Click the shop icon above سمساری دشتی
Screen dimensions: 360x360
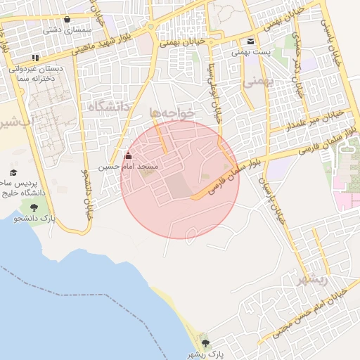(x=67, y=20)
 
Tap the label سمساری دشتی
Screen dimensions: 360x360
(x=63, y=30)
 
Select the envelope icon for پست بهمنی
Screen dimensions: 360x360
(x=251, y=41)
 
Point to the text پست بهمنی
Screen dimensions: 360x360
(x=251, y=52)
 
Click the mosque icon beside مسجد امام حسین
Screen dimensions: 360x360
(x=127, y=156)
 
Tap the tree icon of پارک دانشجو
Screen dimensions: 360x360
(x=34, y=206)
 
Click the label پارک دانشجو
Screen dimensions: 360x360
(x=34, y=218)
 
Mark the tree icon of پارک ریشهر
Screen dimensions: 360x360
(x=205, y=343)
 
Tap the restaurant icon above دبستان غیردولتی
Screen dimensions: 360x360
(x=35, y=58)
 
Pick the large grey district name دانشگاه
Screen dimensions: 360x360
(x=111, y=106)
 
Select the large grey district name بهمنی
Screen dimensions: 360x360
(x=257, y=82)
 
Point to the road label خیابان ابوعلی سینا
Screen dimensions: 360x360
(x=212, y=91)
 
